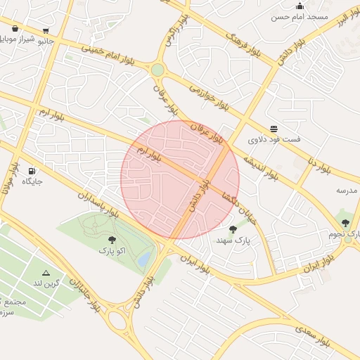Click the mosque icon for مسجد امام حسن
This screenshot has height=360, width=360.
tap(300, 6)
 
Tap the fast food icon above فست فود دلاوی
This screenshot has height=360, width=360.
tap(274, 129)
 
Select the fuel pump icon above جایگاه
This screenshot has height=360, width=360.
tap(32, 171)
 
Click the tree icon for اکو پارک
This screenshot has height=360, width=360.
tap(112, 240)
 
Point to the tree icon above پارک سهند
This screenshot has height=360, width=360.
tap(233, 229)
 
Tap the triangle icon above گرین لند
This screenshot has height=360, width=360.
tap(46, 273)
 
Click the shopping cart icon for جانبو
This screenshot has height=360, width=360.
tap(46, 30)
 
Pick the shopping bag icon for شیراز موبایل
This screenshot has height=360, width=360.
tap(15, 29)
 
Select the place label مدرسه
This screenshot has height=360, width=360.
tap(347, 191)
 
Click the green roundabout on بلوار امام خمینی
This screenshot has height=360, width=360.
tap(157, 70)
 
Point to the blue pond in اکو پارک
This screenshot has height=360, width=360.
tap(144, 259)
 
